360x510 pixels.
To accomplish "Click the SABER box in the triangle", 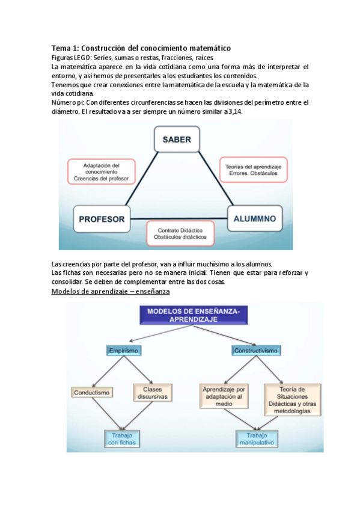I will (177, 140).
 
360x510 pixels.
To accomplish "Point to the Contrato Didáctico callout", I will (180, 233).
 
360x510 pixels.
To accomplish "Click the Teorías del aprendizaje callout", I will (253, 169).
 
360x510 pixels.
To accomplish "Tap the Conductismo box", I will (93, 393).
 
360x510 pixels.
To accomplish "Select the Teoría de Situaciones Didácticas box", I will (293, 399).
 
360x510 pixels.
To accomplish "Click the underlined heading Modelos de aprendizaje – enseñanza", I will (111, 292).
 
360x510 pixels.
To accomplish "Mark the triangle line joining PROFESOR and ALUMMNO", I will (178, 218).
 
